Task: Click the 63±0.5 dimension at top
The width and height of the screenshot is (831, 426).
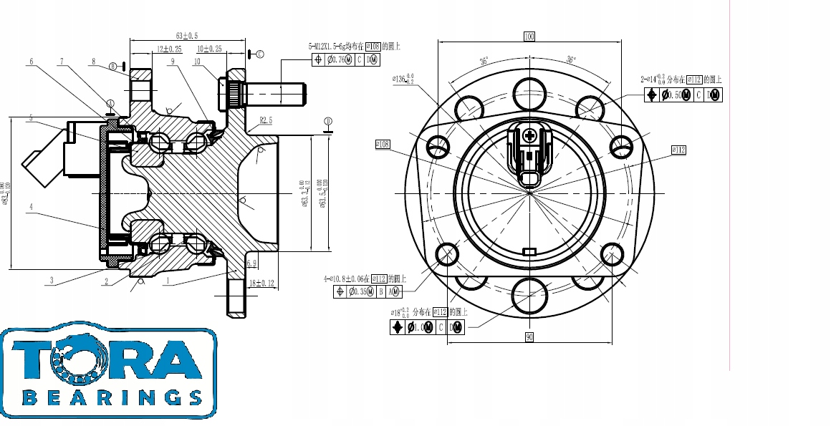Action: [187, 35]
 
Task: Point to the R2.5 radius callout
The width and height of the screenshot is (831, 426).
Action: [266, 121]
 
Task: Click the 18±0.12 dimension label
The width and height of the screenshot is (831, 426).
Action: [262, 284]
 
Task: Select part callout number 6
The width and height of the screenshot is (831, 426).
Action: [31, 62]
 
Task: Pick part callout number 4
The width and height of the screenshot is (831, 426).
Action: [31, 208]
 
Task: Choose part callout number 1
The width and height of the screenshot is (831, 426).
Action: [167, 281]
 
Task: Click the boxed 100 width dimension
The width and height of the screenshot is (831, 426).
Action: [529, 36]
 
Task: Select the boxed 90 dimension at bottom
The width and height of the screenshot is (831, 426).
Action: [529, 337]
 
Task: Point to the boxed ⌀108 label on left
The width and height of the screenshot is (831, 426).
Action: [383, 144]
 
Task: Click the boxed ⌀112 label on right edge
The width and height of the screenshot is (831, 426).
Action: [678, 150]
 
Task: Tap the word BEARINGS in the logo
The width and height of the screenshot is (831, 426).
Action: [112, 396]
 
